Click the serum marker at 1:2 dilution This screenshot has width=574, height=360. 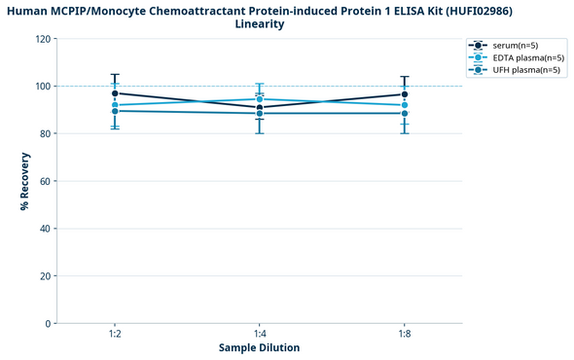pos(115,93)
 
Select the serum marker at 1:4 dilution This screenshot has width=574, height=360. pos(260,107)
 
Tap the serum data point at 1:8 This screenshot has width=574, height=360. pos(404,94)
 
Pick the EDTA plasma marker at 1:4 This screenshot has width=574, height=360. pos(260,99)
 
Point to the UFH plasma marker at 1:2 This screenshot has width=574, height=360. pos(115,111)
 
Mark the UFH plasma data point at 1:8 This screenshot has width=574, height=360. pos(404,113)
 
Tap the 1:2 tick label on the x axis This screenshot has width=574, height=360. pos(115,334)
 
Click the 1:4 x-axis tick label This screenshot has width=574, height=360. pos(260,334)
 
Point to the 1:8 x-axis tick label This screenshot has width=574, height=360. pos(404,334)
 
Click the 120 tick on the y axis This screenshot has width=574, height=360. pos(43,39)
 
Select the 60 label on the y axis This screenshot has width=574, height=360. pos(46,181)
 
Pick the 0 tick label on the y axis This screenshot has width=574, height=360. pos(49,324)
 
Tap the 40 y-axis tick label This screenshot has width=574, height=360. pos(46,229)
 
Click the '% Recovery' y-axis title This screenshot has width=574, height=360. pos(24,181)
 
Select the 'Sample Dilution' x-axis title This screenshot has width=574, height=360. pos(259,348)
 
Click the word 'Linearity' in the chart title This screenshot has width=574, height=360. pos(260,24)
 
